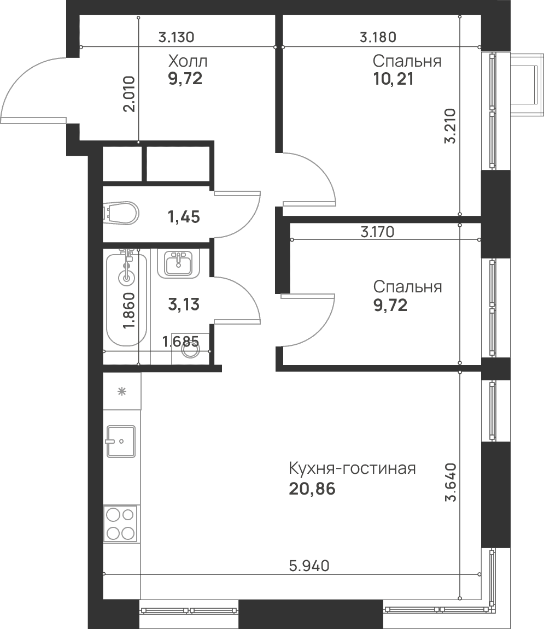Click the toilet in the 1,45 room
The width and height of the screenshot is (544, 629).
121,214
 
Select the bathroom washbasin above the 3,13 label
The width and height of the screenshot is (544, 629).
178,263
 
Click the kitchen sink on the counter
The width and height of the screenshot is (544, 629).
121,442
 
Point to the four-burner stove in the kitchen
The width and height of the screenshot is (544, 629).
120,524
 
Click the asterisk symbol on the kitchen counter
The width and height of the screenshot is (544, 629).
122,391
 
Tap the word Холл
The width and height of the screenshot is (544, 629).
188,61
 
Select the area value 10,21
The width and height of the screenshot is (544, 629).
393,79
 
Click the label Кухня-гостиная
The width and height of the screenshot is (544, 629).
352,468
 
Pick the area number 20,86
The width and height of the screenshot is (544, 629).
312,489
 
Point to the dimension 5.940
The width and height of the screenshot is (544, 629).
309,566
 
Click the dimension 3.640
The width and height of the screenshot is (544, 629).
451,482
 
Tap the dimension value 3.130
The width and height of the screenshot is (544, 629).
176,37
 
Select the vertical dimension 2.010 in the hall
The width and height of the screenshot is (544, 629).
129,94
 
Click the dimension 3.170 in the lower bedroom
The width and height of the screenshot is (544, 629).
377,232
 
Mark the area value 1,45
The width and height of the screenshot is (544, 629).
184,217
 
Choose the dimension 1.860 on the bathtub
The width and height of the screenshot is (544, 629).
129,311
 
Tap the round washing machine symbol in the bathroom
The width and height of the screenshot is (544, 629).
190,349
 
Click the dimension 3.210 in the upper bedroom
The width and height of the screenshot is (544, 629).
450,126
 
